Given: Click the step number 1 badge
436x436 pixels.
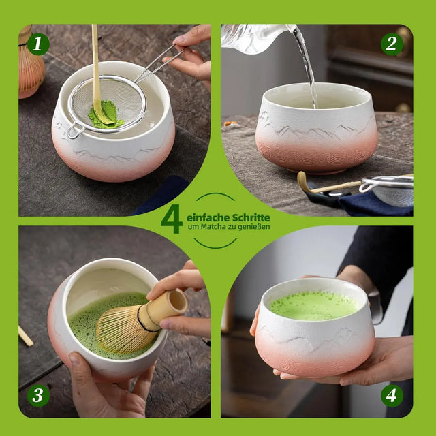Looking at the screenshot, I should (x=38, y=45).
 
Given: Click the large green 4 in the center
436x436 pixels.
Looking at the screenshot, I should (x=171, y=218).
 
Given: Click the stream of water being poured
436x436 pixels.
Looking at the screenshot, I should (x=307, y=68).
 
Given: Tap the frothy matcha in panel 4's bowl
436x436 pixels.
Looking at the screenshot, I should (x=313, y=305).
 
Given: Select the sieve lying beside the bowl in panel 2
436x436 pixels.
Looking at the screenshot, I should (x=388, y=191).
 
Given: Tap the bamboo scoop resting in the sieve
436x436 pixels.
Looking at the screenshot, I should (x=96, y=75).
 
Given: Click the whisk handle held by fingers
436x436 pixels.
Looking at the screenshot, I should (x=168, y=306).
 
